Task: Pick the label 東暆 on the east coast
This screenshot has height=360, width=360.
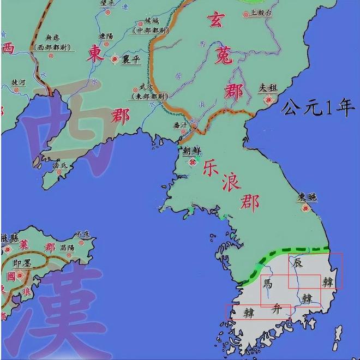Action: pos(307,197)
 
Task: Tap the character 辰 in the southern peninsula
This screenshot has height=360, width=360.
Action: pos(297,263)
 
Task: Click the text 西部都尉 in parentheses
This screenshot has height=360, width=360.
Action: pos(48,47)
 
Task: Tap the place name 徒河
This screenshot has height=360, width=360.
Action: pos(19,82)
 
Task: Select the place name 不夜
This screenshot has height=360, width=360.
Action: pos(82,233)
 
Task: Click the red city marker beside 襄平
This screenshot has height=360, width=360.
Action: pos(115,58)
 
